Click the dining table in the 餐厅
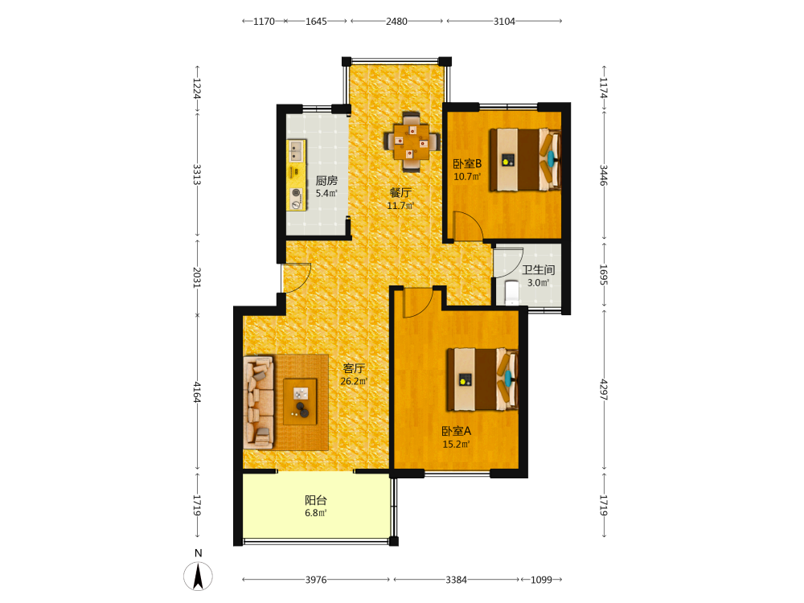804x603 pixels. tap(412, 141)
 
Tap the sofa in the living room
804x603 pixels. tap(258, 403)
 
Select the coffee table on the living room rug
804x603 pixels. tap(300, 401)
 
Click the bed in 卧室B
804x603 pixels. tap(524, 159)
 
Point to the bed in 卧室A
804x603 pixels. tap(482, 379)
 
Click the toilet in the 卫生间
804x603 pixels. tap(511, 293)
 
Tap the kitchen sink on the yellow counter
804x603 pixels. tap(296, 151)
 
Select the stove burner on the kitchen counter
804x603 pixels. tap(297, 199)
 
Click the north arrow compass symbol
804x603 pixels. tap(198, 576)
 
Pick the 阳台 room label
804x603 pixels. tap(316, 500)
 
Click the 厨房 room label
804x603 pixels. tap(326, 180)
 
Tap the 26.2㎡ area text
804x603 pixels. tap(354, 381)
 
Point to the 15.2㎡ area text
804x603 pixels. tap(456, 445)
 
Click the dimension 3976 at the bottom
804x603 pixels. tap(316, 580)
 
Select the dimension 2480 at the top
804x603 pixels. tap(396, 21)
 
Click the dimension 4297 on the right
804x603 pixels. tap(604, 390)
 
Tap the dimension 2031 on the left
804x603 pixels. tap(197, 277)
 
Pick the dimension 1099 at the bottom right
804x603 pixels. tap(541, 580)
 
